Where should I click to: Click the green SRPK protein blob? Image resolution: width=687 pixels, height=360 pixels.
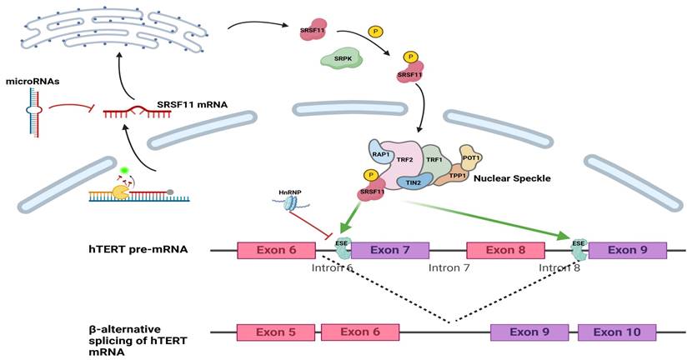341,57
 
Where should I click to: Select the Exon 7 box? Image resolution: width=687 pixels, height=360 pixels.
389,249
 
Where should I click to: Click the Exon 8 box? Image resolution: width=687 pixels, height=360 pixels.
505,249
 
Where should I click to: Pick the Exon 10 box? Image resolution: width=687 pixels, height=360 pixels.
617,332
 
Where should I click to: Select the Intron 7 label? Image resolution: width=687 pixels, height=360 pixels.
450,269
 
